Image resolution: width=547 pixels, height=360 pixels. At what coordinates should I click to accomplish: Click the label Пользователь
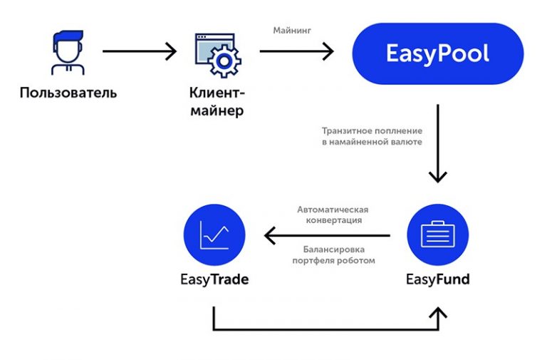pos(68,93)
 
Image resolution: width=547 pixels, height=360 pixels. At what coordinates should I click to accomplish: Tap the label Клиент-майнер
pos(217,101)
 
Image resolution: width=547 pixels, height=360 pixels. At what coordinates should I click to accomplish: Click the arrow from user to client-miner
pos(140,51)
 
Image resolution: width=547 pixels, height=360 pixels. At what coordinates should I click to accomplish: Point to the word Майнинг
pos(292,31)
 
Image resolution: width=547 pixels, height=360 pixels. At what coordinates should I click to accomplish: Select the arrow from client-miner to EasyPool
pos(296,51)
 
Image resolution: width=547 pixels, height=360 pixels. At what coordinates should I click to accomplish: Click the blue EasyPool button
pos(437,54)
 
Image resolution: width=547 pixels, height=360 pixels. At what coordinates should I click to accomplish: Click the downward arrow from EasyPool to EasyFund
pos(437,143)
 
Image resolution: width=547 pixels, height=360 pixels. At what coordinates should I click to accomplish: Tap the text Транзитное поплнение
pos(372,130)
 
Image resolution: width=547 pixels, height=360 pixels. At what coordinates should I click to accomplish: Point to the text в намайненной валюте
pos(371,142)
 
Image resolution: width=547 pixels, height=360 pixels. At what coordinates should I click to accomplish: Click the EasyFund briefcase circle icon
pos(437,235)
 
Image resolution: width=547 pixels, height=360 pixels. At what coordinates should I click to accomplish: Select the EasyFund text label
pos(437,279)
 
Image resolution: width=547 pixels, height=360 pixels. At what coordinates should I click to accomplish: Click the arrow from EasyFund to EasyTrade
pos(327,235)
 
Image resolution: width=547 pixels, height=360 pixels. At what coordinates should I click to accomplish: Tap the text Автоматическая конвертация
pos(332,215)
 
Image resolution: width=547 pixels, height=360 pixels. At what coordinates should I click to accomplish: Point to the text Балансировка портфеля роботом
pos(333,254)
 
